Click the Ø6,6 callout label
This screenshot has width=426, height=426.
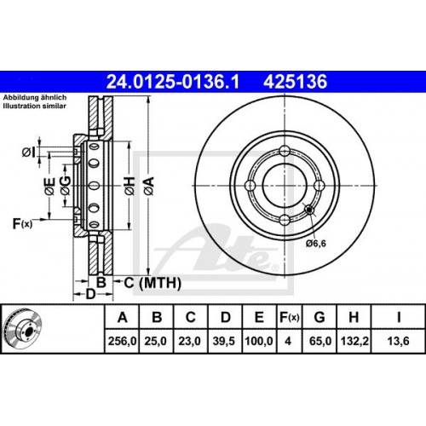point(316,242)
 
